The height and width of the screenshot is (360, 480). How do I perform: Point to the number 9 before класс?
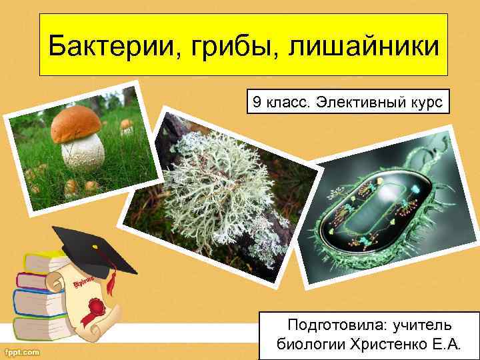point(256,103)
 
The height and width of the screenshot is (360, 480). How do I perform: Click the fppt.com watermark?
point(22,351)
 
